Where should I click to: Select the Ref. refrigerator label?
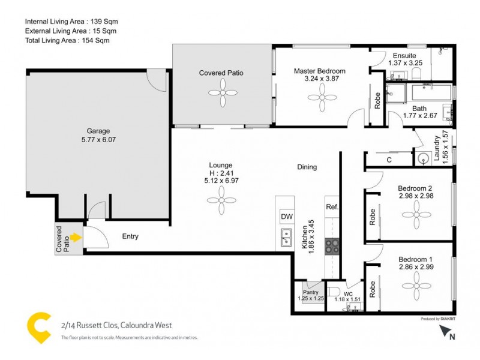pyautogui.click(x=332, y=207)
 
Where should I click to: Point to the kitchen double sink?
pyautogui.click(x=286, y=239)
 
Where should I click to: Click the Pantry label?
pyautogui.click(x=311, y=292)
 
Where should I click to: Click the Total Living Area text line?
pyautogui.click(x=67, y=40)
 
